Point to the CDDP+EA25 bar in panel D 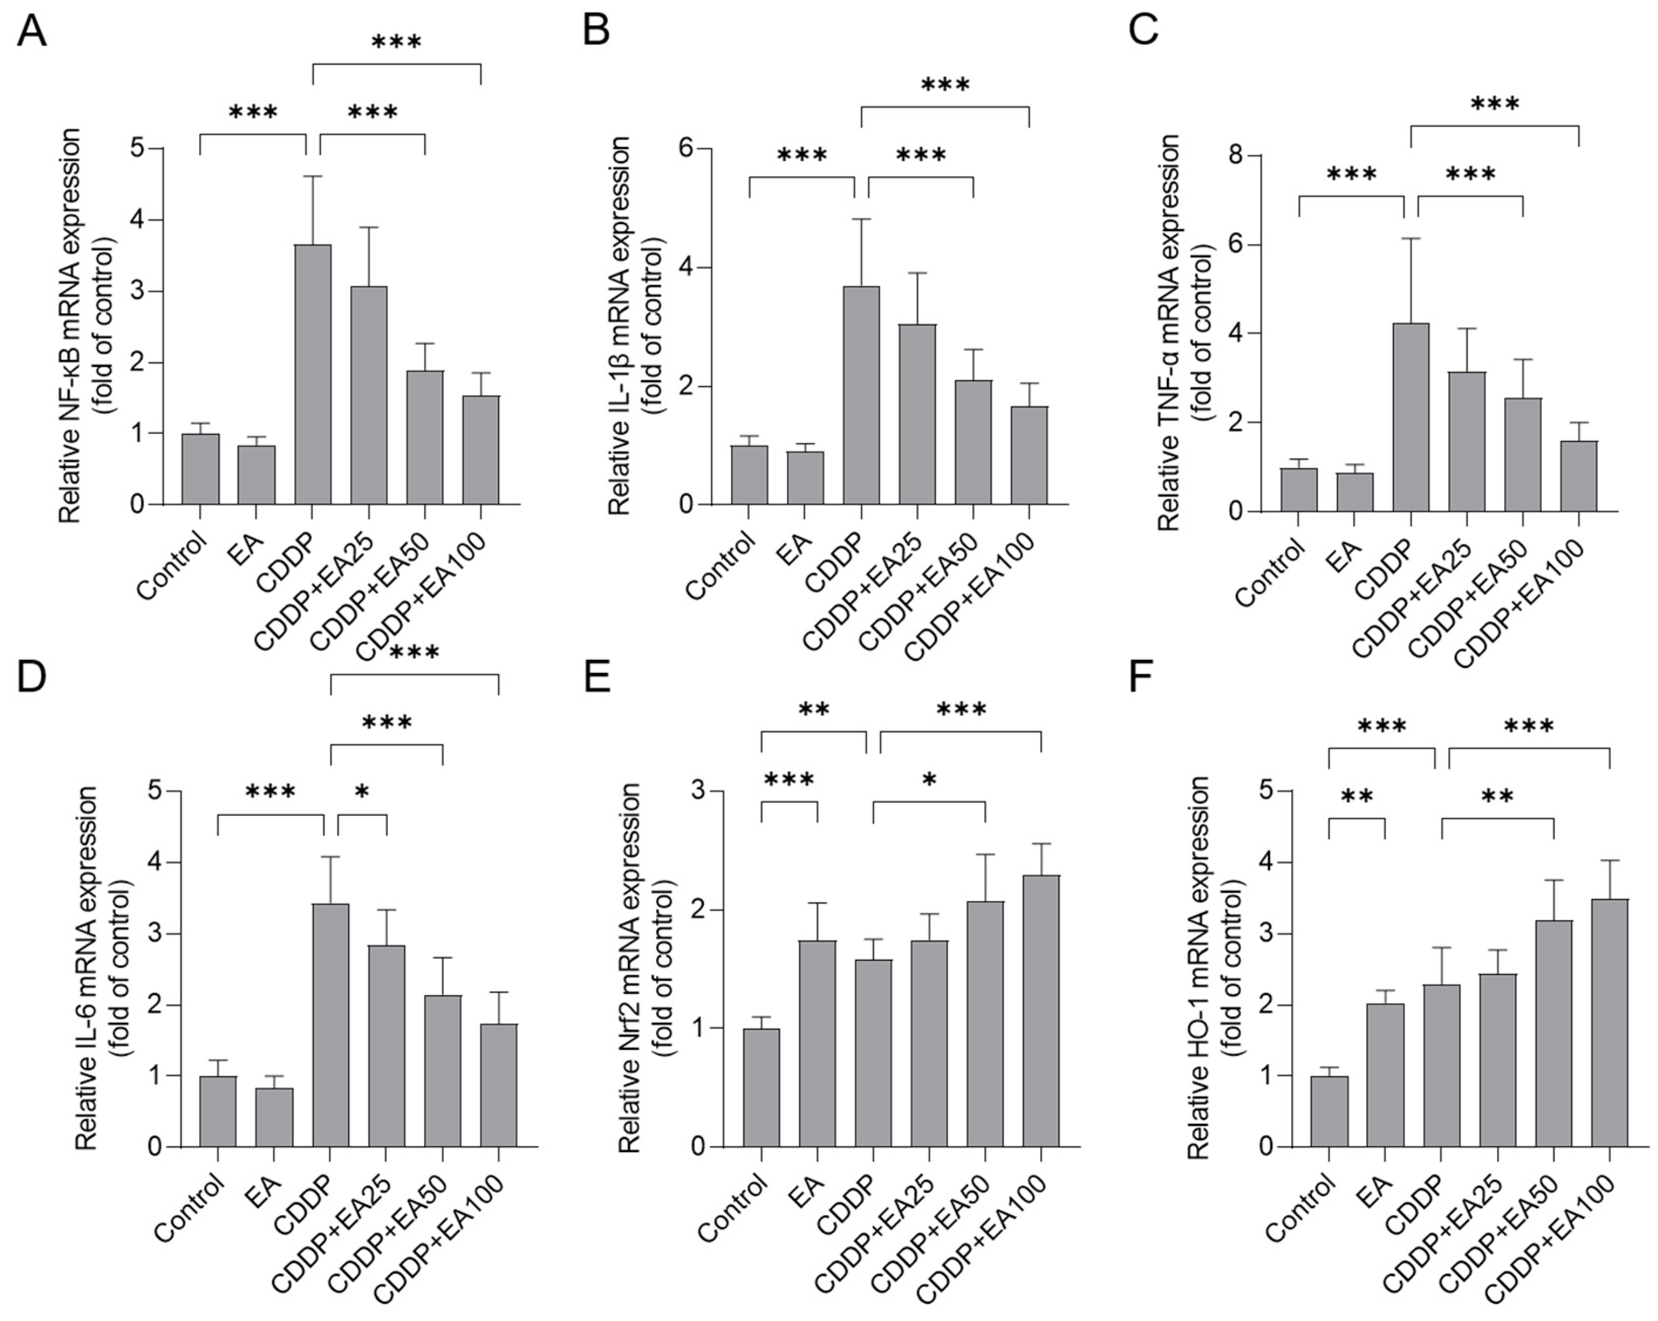pos(386,1046)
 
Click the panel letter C pos(1143,31)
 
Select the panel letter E pos(596,677)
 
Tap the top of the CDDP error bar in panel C pos(1410,239)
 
